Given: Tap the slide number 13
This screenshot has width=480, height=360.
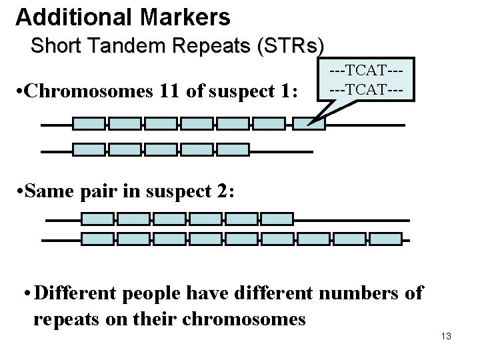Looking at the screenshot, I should point(446,336).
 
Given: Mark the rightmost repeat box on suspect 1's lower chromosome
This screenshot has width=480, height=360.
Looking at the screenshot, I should point(232,149).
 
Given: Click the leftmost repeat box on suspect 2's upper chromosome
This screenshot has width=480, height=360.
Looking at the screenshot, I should point(97,219).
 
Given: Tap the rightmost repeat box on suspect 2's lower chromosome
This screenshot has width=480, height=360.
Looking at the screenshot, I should point(386,239).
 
